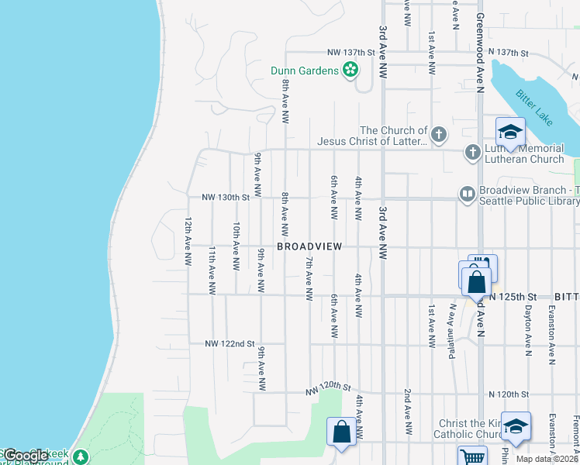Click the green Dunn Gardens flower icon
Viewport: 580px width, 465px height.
coord(350,71)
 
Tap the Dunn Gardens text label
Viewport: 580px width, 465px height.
coord(304,71)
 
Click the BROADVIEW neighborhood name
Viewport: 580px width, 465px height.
coord(309,246)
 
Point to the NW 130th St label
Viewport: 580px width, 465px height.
coord(226,198)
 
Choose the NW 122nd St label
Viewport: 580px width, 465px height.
coord(230,343)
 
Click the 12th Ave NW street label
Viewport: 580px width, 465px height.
coord(188,242)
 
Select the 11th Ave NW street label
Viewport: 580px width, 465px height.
coord(212,270)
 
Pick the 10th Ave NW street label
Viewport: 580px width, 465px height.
coord(236,246)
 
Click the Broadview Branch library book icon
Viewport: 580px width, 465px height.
coord(467,195)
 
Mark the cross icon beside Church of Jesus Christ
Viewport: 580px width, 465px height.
coord(439,136)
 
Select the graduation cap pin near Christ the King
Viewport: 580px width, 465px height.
coord(516,426)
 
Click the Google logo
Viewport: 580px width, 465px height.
coord(25,456)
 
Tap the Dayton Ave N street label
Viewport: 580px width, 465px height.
coord(529,324)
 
